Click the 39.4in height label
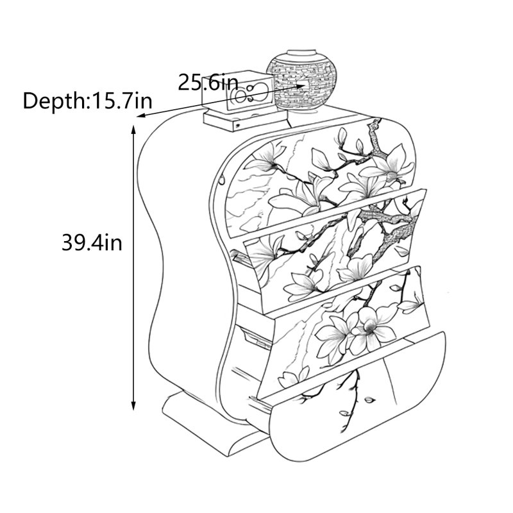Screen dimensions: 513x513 (x=92, y=243)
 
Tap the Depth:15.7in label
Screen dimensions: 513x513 (x=87, y=101)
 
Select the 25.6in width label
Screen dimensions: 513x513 (x=208, y=83)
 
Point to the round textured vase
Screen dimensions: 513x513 (x=301, y=81)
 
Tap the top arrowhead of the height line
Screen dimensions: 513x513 (x=133, y=130)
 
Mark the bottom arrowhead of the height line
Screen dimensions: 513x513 (x=133, y=406)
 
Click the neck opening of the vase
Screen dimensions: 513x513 (x=301, y=53)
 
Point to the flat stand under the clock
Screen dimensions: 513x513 (x=245, y=121)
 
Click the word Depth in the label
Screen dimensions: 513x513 (x=54, y=101)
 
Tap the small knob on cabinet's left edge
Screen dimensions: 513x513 (x=222, y=180)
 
